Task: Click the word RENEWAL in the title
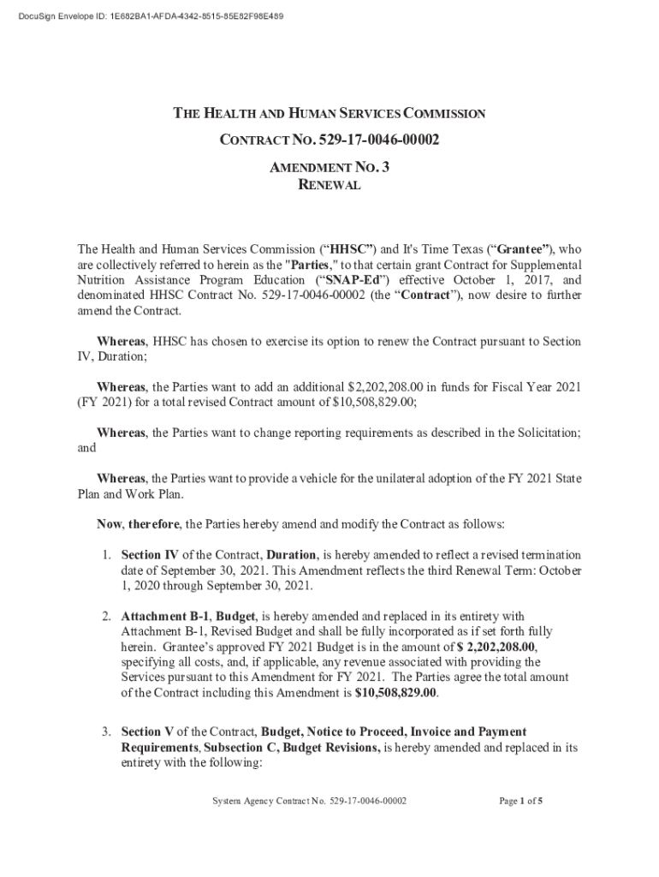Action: (x=329, y=185)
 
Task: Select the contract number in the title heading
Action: (x=379, y=140)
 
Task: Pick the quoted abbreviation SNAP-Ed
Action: (x=352, y=280)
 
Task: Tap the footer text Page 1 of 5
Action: (x=521, y=802)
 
